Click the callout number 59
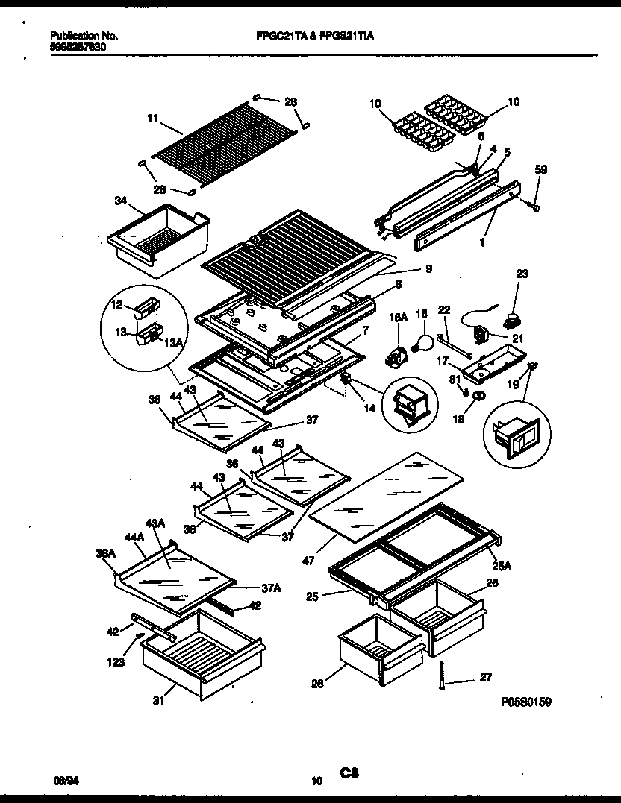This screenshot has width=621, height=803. pos(541,170)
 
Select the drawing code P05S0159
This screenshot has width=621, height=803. pos(526,702)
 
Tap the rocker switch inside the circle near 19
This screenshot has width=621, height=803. pos(515,438)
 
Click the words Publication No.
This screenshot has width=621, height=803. pos(83,35)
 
